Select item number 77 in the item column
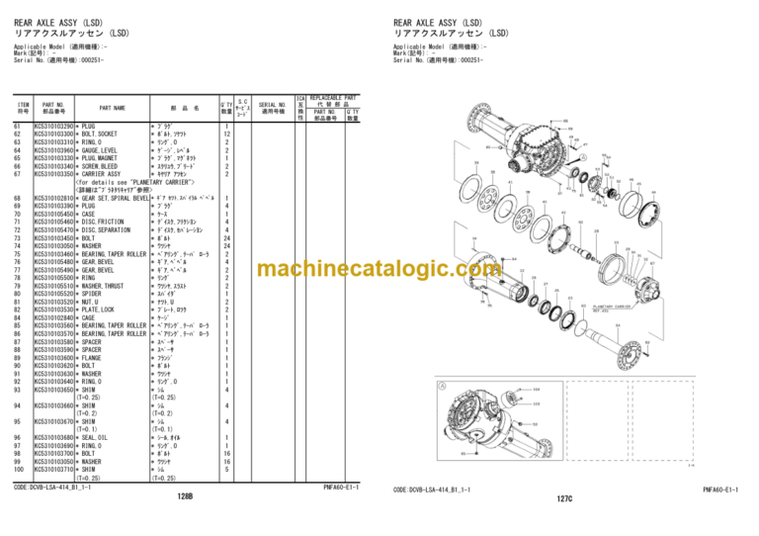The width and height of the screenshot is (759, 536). [x=19, y=269]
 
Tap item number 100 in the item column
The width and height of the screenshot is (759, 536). [x=20, y=469]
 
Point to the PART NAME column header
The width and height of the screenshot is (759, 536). [x=112, y=108]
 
